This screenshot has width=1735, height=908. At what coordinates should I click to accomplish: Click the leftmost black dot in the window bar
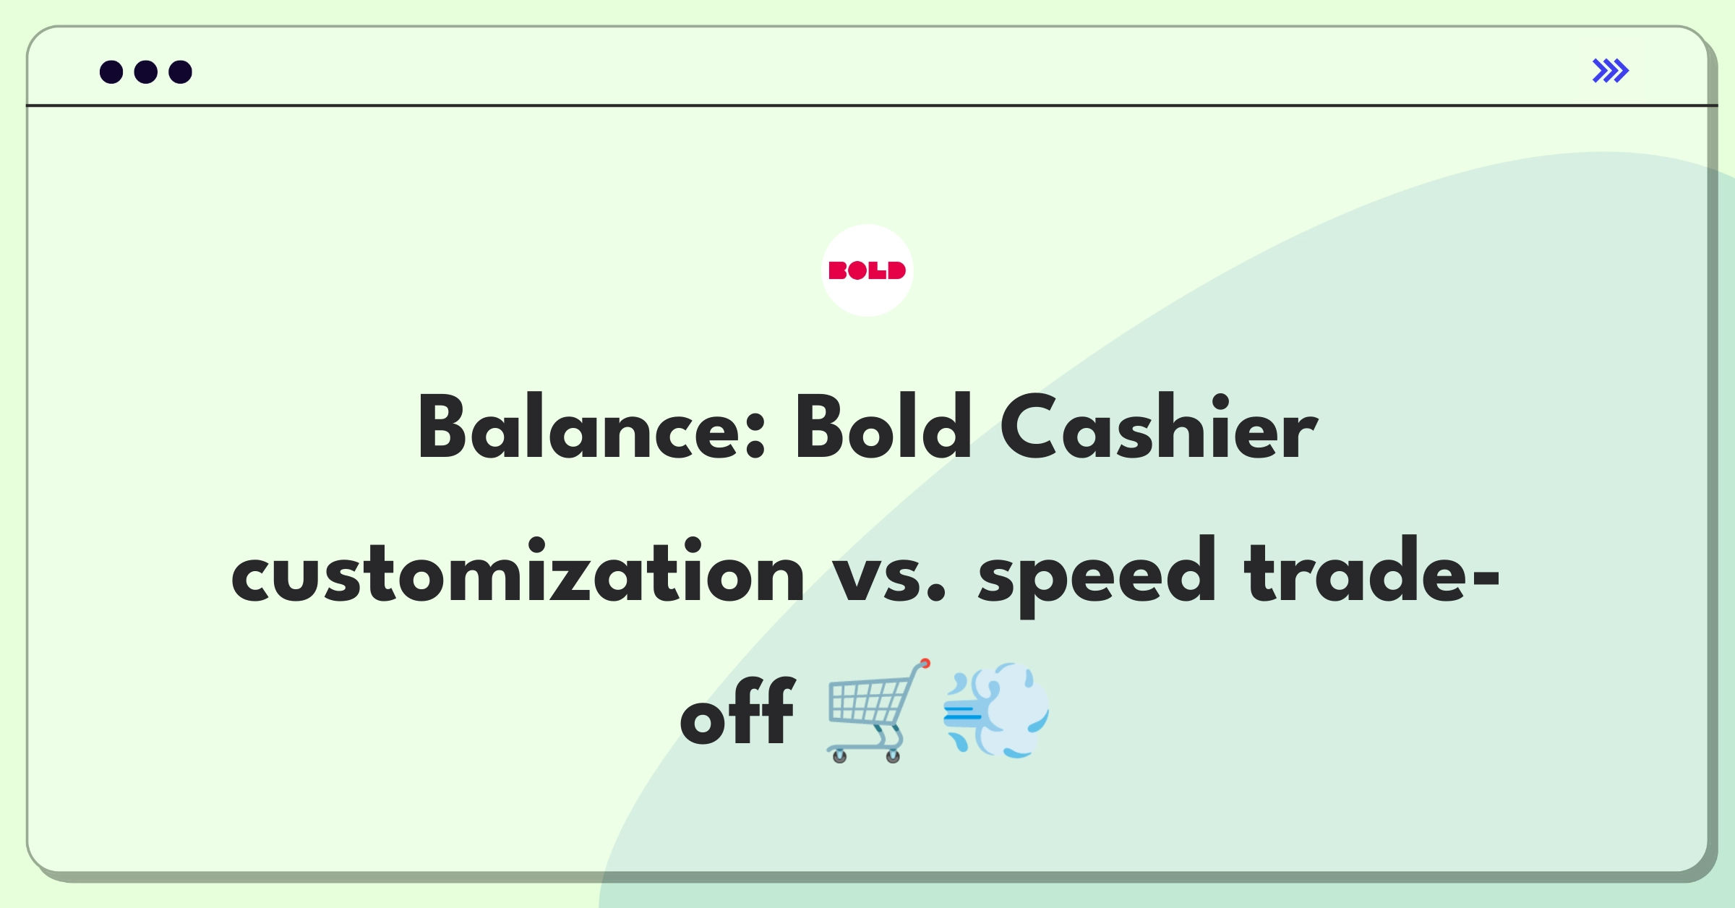[x=111, y=72]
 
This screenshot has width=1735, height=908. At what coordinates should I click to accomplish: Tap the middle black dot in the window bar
[x=146, y=72]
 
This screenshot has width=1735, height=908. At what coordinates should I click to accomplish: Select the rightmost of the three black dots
[x=180, y=72]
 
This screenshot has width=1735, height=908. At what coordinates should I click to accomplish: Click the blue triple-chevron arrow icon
[x=1611, y=71]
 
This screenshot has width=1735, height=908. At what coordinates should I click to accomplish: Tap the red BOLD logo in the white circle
[x=867, y=270]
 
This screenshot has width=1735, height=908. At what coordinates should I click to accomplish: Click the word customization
[x=518, y=571]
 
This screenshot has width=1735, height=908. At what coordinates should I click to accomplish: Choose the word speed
[x=1097, y=576]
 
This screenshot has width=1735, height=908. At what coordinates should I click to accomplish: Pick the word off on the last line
[x=737, y=710]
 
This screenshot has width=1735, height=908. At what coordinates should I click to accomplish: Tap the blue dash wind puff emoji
[x=996, y=710]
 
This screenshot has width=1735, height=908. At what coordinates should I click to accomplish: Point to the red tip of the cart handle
[x=925, y=663]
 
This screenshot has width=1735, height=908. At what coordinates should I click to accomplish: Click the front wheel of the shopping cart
[x=893, y=756]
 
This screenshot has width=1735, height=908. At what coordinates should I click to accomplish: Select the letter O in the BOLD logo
[x=857, y=271]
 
